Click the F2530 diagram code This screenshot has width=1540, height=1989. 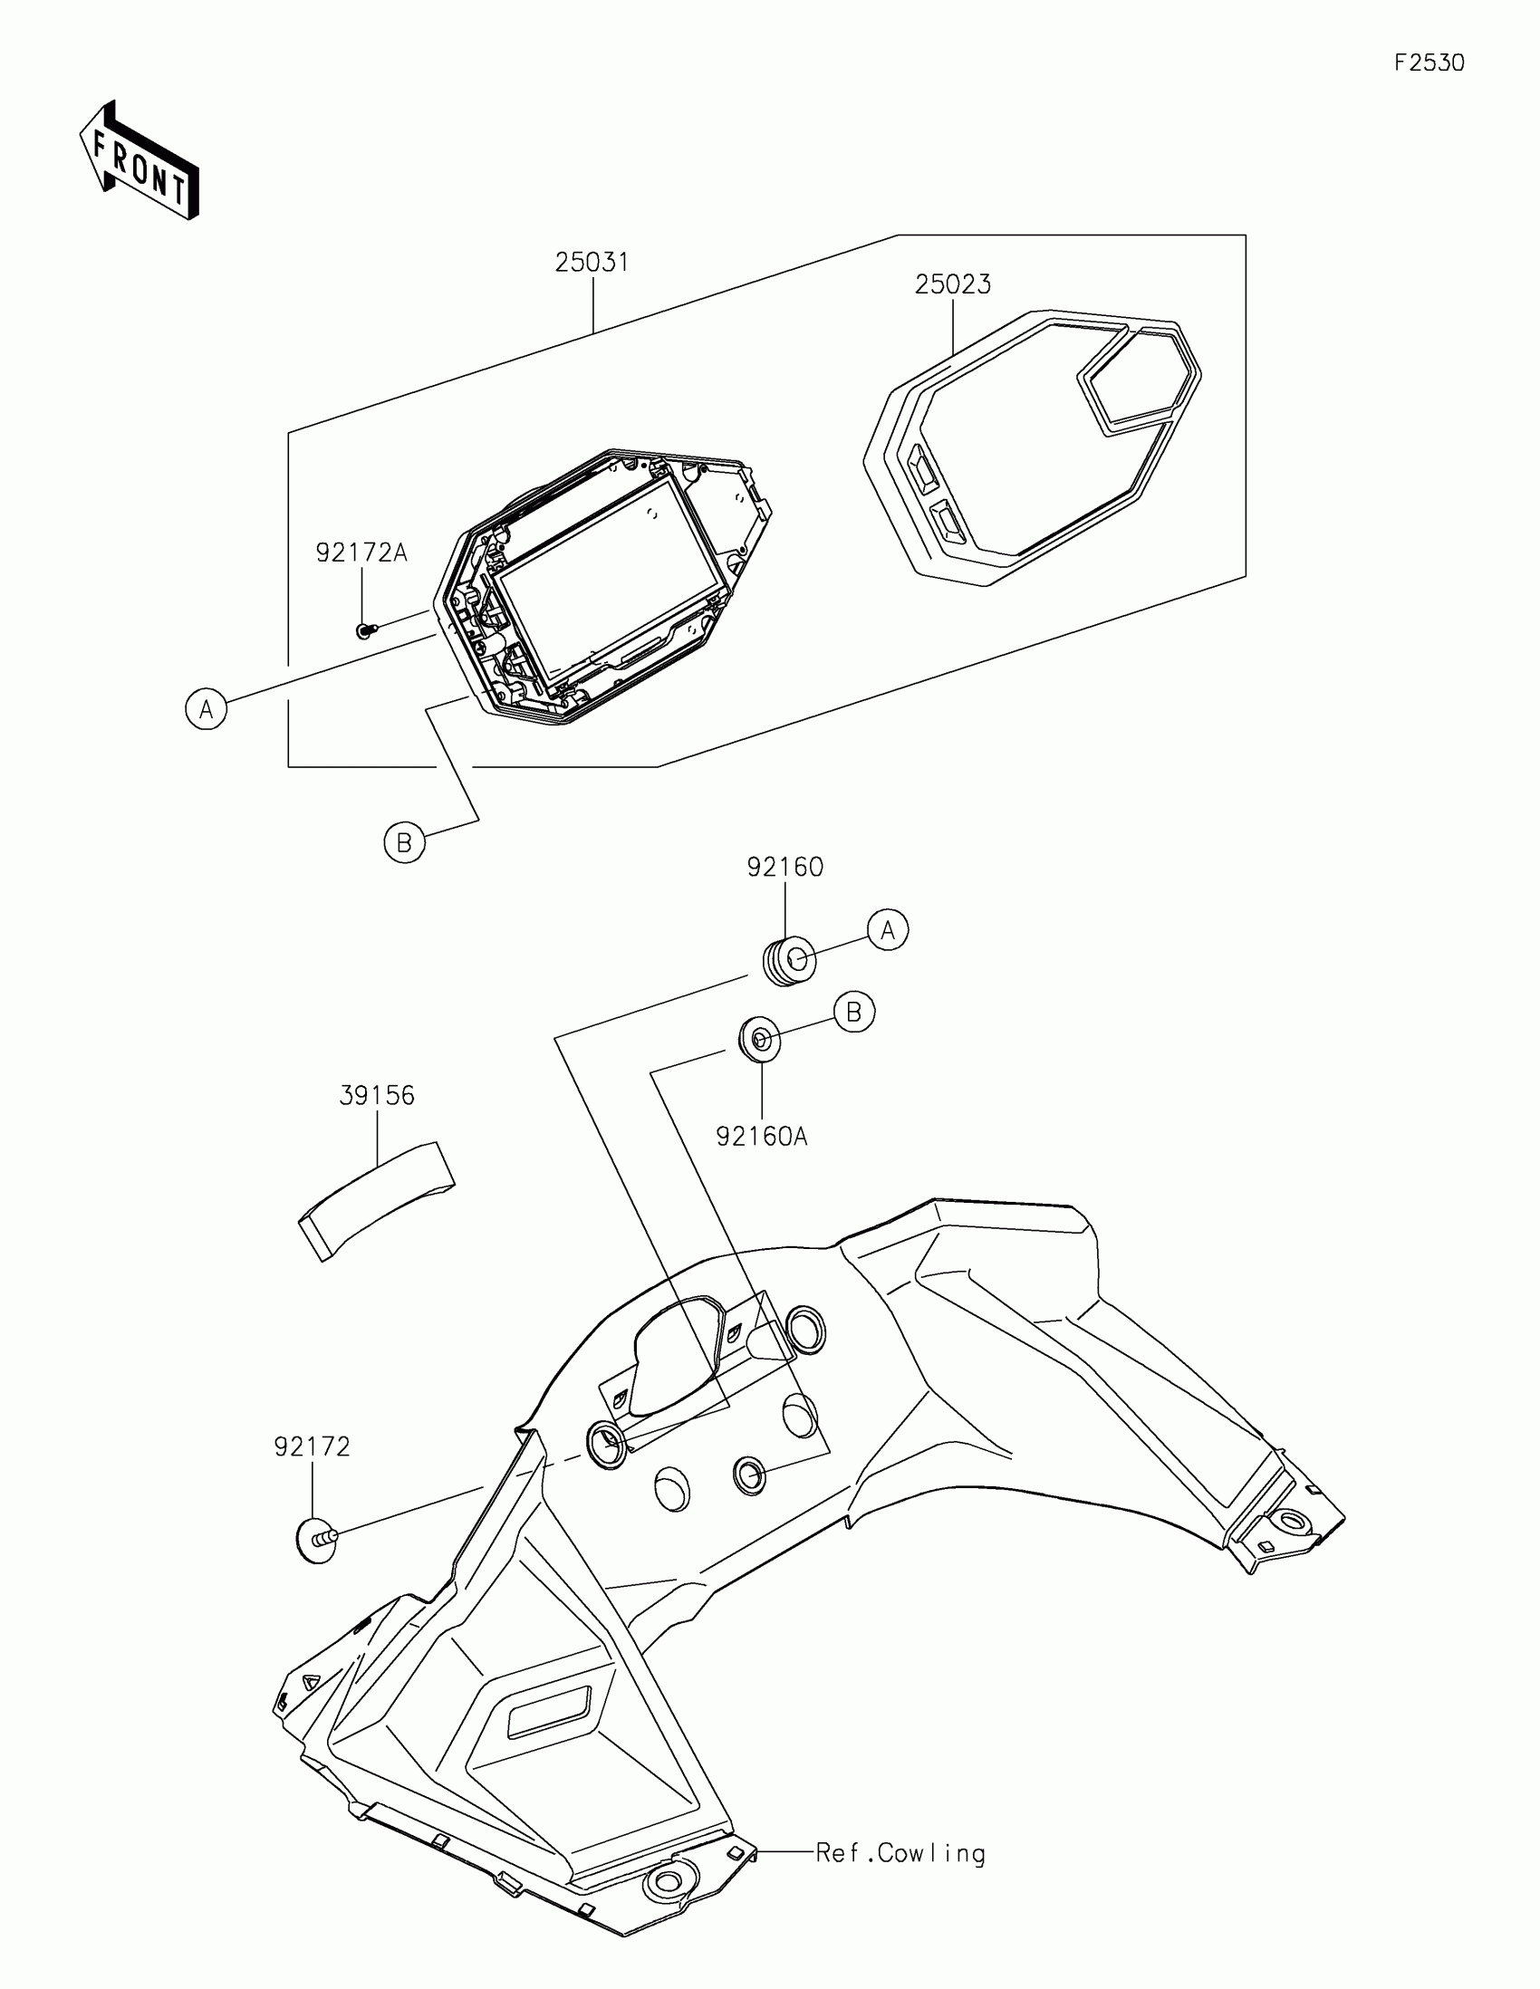click(x=1429, y=62)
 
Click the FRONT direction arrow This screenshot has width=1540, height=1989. click(x=140, y=160)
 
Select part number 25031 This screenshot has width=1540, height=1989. click(x=592, y=263)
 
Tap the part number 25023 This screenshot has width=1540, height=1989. click(x=953, y=284)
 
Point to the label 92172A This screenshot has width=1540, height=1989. click(x=361, y=552)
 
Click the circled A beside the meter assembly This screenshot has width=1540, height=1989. click(x=207, y=707)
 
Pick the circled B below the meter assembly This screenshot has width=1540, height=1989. click(x=404, y=842)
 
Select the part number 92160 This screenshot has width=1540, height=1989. click(x=785, y=867)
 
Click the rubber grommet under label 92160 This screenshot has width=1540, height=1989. click(x=788, y=961)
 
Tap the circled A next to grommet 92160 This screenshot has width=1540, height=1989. click(x=888, y=930)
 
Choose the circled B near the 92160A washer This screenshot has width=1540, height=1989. click(x=854, y=1012)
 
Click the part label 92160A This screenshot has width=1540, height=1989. click(x=761, y=1137)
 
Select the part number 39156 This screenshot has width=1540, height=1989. click(x=377, y=1096)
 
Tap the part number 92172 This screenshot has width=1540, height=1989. click(x=313, y=1446)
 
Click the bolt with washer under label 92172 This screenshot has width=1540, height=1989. click(x=318, y=1539)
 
